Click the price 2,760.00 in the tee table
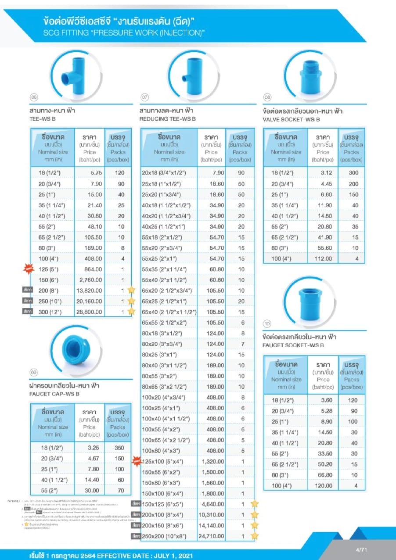(90, 280)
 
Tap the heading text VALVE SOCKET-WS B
(291, 119)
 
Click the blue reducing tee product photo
(193, 72)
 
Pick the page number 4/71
(361, 549)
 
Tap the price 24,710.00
(212, 536)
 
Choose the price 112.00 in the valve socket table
(323, 258)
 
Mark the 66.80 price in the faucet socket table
(323, 475)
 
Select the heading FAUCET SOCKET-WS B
(293, 345)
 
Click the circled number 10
(267, 324)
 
